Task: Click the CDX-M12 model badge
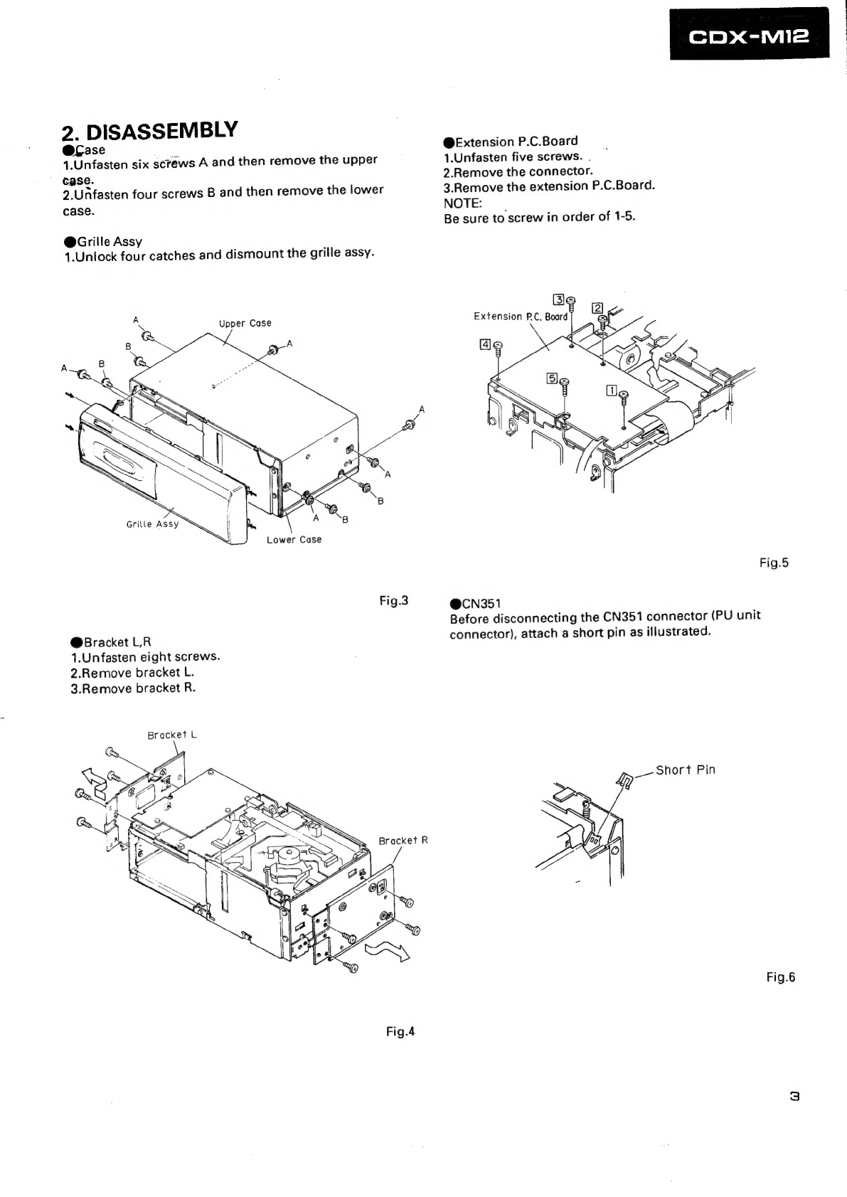point(749,33)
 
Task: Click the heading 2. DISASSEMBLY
point(149,131)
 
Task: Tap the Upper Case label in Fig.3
point(245,324)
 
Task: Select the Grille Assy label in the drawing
point(152,524)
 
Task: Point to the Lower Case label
point(294,540)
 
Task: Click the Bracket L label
point(172,735)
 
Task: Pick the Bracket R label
point(403,841)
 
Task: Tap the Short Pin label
point(685,770)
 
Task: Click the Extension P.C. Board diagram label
point(521,316)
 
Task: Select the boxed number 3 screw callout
point(558,299)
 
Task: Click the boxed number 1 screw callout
point(612,390)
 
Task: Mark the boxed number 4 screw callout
point(485,345)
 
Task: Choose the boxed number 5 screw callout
point(552,378)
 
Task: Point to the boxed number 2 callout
point(597,308)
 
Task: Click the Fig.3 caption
point(394,601)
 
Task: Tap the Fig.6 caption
point(781,977)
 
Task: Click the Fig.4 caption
point(400,1031)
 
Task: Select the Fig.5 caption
point(774,562)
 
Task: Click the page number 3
point(794,1097)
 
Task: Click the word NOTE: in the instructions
point(463,203)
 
